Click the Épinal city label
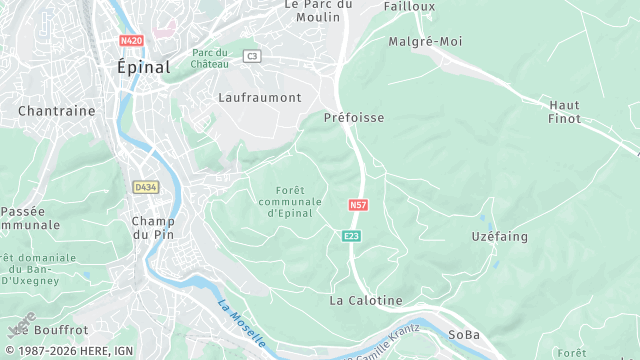pos(144,67)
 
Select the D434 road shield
pos(145,186)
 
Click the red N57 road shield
pos(358,204)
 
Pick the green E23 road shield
pos(351,236)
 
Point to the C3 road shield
pos(252,56)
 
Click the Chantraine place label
pos(56,111)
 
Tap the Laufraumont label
pos(259,97)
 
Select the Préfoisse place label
pos(354,117)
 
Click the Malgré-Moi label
pos(423,42)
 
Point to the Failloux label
pos(410,6)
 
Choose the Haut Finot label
pos(565,111)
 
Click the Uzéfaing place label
pos(499,237)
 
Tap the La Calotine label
pos(366,300)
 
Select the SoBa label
pos(464,334)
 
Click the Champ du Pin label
pos(153,227)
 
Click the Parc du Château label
pos(210,58)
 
